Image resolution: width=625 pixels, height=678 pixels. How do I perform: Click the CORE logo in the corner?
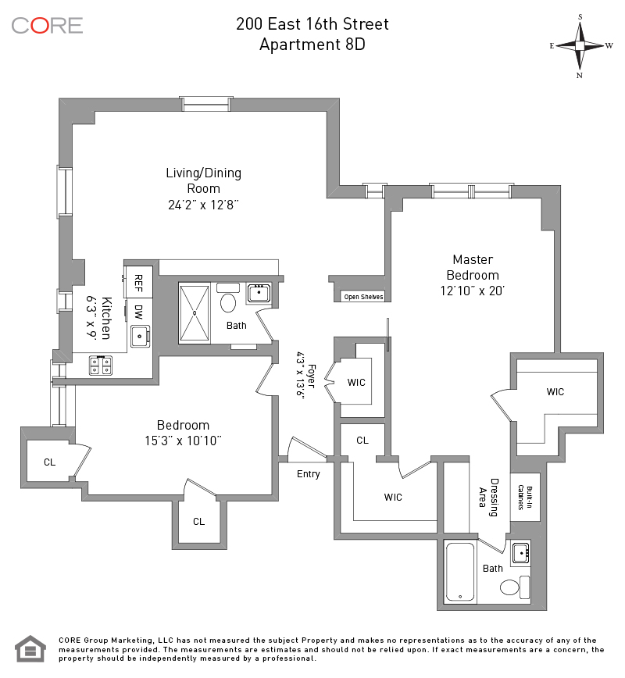pyautogui.click(x=47, y=25)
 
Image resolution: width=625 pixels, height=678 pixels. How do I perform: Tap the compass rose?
pyautogui.click(x=580, y=45)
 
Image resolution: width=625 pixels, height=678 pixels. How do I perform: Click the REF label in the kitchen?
pyautogui.click(x=138, y=280)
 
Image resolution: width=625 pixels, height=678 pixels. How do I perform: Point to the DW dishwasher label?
pyautogui.click(x=138, y=312)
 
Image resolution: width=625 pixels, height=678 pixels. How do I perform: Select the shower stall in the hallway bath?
pyautogui.click(x=195, y=312)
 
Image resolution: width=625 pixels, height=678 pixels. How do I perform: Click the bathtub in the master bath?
pyautogui.click(x=460, y=573)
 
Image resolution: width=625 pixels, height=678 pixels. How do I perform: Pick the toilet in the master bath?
pyautogui.click(x=511, y=588)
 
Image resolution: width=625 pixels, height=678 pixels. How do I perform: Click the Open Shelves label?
pyautogui.click(x=363, y=297)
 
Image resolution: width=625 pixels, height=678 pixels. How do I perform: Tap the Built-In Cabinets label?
pyautogui.click(x=520, y=497)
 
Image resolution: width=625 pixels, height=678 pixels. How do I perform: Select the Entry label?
pyautogui.click(x=308, y=474)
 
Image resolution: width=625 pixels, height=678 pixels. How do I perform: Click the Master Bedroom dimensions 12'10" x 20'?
pyautogui.click(x=472, y=291)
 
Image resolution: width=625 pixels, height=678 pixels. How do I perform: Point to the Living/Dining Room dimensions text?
pyautogui.click(x=203, y=205)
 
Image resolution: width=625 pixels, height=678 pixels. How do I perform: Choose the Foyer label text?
pyautogui.click(x=310, y=370)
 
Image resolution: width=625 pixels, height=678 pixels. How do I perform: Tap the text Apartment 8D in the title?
pyautogui.click(x=312, y=45)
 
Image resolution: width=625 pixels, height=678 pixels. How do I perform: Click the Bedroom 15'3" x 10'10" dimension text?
pyautogui.click(x=183, y=441)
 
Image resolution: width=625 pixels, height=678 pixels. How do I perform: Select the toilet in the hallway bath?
pyautogui.click(x=229, y=302)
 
